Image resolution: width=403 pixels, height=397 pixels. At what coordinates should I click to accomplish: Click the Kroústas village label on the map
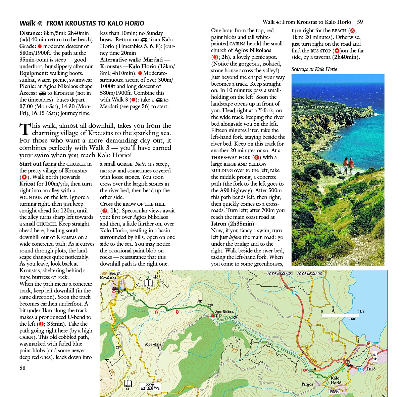click(108, 278)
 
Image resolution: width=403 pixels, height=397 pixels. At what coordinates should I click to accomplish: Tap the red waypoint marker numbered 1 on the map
click(156, 312)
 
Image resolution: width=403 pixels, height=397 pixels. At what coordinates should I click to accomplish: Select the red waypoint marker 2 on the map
click(177, 312)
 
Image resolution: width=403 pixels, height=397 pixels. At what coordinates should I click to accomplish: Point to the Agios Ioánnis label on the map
click(153, 344)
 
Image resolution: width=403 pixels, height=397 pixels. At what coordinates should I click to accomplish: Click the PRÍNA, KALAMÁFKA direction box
click(150, 387)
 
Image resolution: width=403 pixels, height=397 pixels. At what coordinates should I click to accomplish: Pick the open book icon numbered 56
click(148, 283)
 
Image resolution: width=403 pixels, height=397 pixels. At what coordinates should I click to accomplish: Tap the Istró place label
click(371, 369)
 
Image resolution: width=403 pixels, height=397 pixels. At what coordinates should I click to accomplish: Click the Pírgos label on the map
click(307, 384)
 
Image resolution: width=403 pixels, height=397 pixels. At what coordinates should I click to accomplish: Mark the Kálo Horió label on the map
click(336, 380)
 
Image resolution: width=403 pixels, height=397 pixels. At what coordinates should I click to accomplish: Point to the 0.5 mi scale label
click(352, 319)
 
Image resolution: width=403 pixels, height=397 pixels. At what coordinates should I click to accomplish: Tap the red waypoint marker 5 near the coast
click(368, 343)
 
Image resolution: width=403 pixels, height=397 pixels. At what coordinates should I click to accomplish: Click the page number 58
click(22, 367)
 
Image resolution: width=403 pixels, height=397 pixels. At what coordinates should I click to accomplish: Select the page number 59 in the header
click(360, 22)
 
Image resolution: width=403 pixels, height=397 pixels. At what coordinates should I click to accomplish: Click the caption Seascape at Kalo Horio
click(314, 69)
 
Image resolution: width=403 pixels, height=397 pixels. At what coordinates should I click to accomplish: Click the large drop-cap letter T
click(25, 129)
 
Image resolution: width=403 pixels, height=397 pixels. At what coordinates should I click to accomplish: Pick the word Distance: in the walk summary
click(31, 33)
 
